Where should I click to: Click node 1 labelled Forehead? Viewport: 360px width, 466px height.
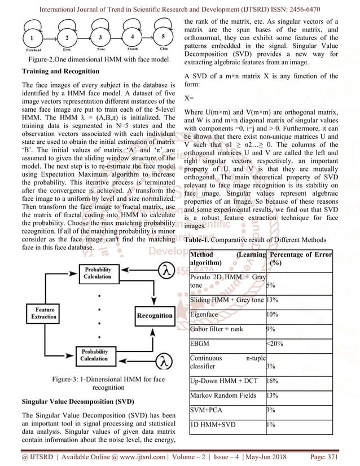(32, 38)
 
